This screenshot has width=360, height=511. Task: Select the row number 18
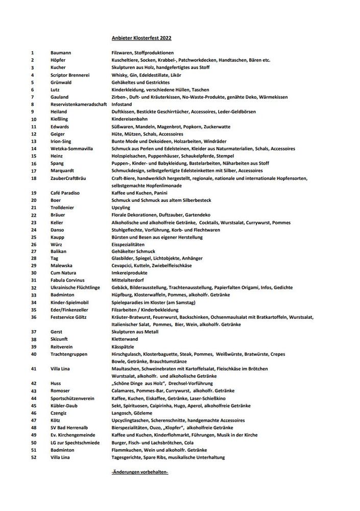point(33,178)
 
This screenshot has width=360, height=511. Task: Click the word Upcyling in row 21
point(121,207)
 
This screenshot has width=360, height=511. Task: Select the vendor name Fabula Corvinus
point(67,280)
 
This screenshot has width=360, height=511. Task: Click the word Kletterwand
point(125,339)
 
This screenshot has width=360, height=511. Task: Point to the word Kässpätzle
point(124,346)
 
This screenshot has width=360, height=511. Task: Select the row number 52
point(33,457)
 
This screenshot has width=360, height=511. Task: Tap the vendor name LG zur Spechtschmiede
point(75,442)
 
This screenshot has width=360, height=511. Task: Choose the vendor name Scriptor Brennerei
point(70,75)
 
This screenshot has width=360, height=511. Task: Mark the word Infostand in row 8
point(122,104)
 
